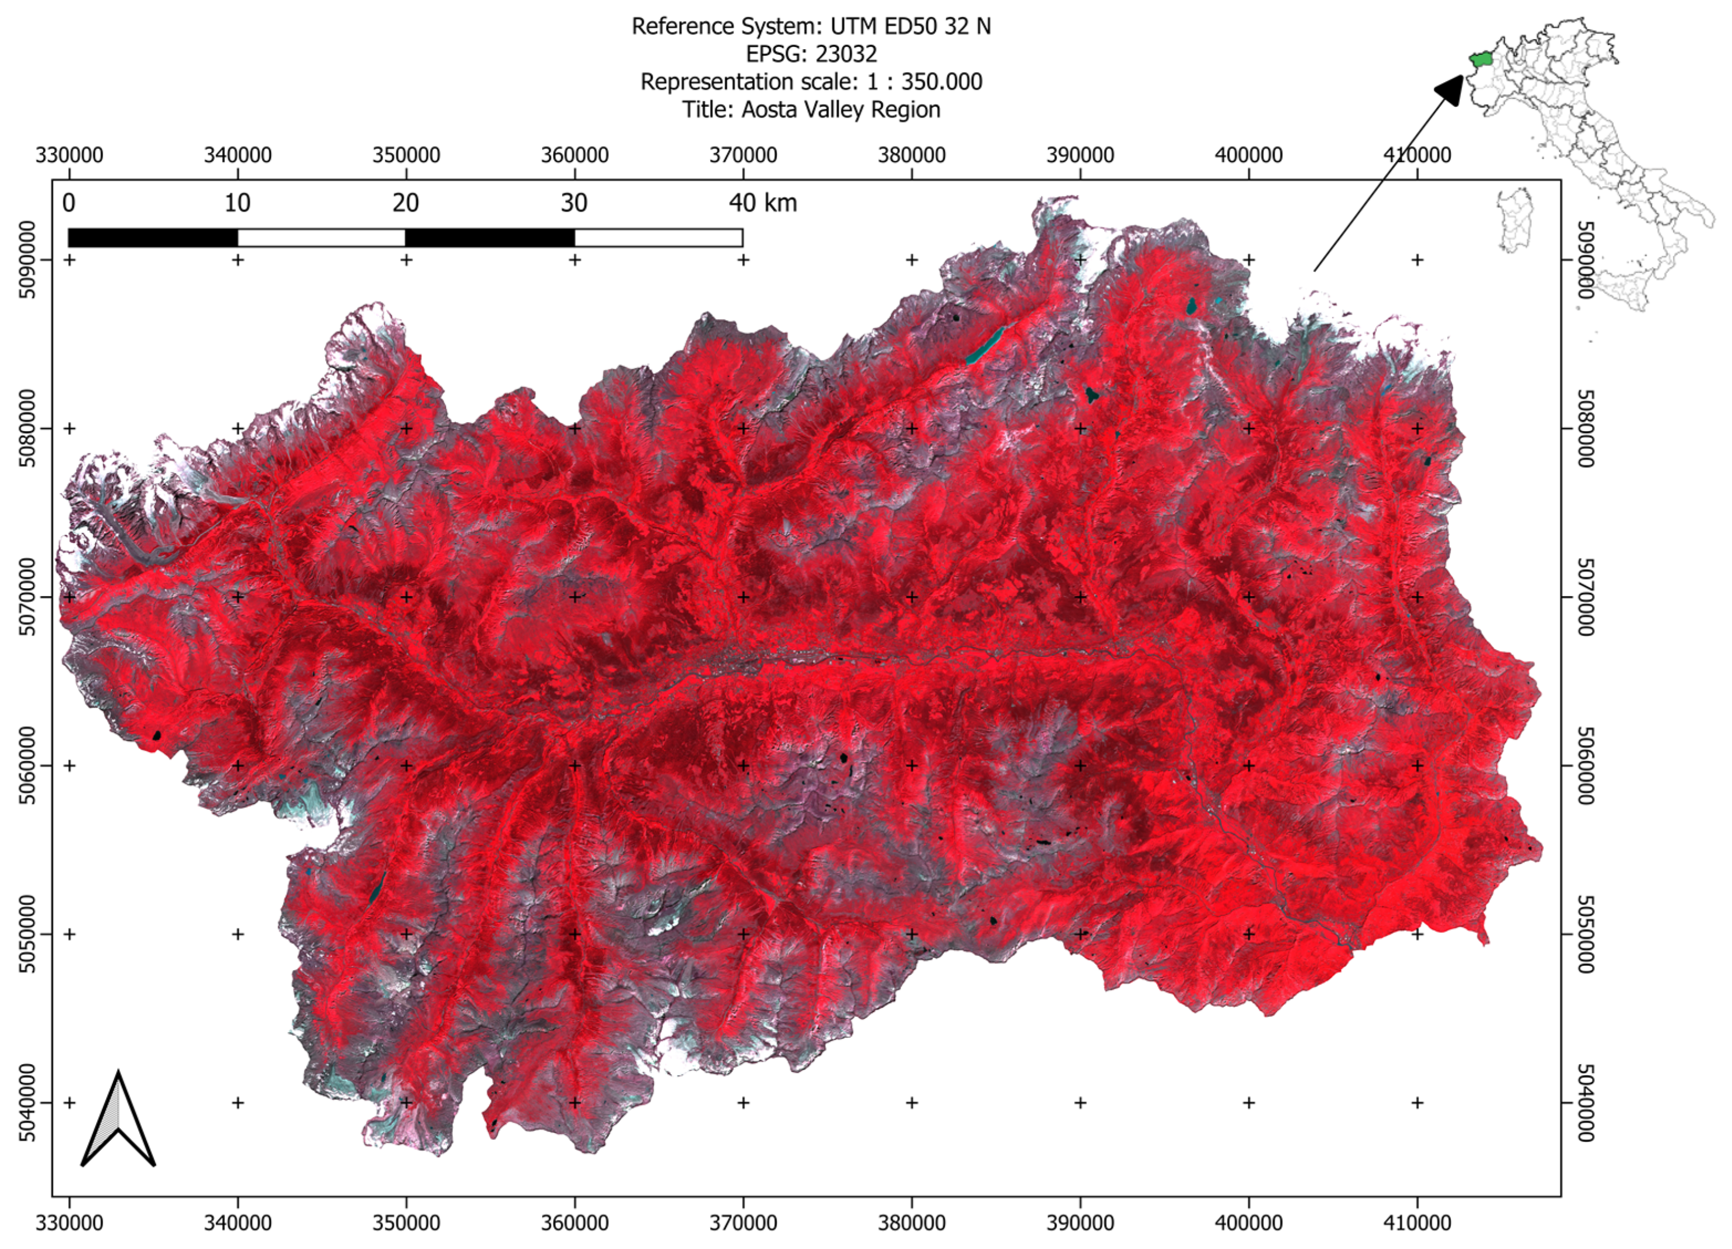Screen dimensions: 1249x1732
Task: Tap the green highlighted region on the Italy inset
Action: tap(1480, 60)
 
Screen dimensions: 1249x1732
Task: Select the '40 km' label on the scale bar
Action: tap(762, 203)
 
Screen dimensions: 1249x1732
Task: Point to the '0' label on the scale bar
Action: tap(69, 203)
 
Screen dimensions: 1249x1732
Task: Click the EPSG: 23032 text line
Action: tap(811, 54)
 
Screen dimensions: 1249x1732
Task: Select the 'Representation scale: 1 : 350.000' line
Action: tap(811, 82)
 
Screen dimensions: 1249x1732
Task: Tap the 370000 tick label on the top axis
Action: tap(743, 155)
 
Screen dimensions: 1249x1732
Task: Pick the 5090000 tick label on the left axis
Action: tap(27, 260)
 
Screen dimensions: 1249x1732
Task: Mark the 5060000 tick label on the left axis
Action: tap(27, 765)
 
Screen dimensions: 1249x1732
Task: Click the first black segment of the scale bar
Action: tap(153, 238)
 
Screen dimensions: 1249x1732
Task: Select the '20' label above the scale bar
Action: tap(406, 203)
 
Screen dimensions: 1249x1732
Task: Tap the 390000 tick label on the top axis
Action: tap(1080, 155)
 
